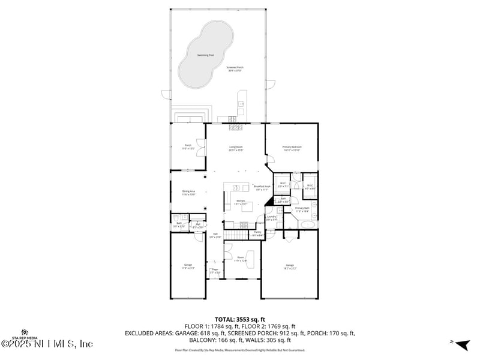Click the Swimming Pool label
click(x=206, y=55)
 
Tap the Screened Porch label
click(x=235, y=68)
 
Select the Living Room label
click(x=235, y=148)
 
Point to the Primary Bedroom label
click(x=292, y=148)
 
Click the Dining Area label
click(x=189, y=193)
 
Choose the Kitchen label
click(x=240, y=202)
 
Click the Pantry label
click(x=257, y=233)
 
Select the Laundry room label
click(x=271, y=218)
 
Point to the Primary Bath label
click(x=302, y=209)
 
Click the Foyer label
click(x=215, y=271)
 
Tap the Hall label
click(x=215, y=235)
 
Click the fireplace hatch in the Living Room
click(x=235, y=127)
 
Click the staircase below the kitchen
click(x=236, y=233)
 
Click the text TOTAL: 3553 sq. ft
click(x=240, y=319)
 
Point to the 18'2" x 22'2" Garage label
click(x=290, y=266)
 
